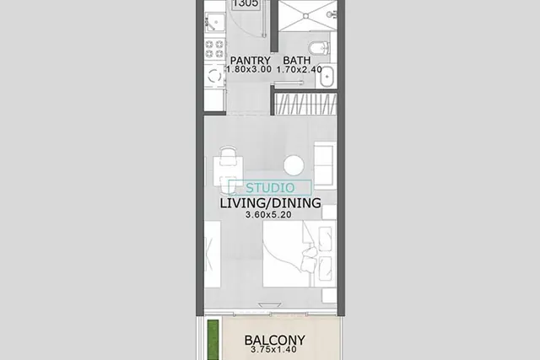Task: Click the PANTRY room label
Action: (x=250, y=61)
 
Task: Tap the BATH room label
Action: (x=296, y=61)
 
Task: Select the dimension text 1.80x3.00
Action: (x=249, y=69)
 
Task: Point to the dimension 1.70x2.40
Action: (x=300, y=69)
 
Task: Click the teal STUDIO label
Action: (x=270, y=188)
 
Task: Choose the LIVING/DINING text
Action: (x=270, y=203)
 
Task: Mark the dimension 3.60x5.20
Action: (x=268, y=215)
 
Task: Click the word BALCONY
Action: (x=274, y=341)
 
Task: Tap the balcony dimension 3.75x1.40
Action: (x=273, y=350)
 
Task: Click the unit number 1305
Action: (x=246, y=3)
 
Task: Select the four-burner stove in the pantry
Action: (x=214, y=49)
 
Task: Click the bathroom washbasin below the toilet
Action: (x=327, y=77)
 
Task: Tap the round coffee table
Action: (x=294, y=165)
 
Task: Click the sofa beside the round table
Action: (x=325, y=165)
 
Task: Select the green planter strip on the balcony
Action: (x=213, y=340)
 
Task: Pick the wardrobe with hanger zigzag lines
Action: (x=305, y=104)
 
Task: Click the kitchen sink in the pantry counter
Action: (x=215, y=23)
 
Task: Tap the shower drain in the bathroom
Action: (x=305, y=16)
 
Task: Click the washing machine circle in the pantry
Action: (x=214, y=75)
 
